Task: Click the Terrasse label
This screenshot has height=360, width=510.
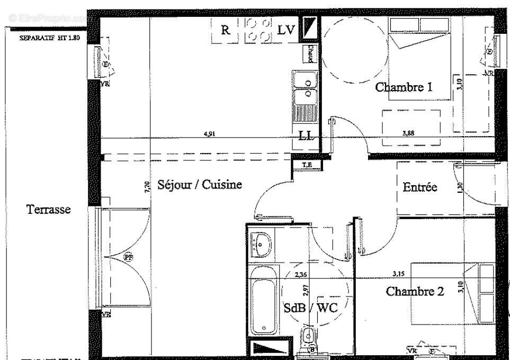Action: (49, 210)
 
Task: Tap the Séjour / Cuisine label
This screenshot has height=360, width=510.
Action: (200, 185)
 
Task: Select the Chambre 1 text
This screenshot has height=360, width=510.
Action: (404, 87)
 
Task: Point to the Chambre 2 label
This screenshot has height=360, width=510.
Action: (414, 291)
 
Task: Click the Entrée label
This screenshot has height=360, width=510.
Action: (419, 187)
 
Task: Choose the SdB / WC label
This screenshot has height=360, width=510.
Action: (310, 308)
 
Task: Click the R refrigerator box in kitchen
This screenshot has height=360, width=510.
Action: (226, 31)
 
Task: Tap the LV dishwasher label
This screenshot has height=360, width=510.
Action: (286, 31)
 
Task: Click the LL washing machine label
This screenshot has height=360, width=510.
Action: (305, 136)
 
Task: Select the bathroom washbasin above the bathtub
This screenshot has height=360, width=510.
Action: (261, 244)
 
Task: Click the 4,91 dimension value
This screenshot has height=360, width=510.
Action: (209, 134)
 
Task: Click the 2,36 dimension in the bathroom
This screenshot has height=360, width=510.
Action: (301, 275)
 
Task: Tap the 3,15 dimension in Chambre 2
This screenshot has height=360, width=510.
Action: (398, 274)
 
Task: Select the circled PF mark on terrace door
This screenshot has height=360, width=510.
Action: (128, 257)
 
